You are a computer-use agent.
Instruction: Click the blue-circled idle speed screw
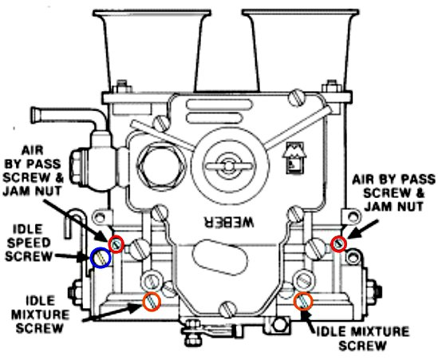click(x=101, y=258)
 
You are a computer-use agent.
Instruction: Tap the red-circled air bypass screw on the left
click(x=116, y=244)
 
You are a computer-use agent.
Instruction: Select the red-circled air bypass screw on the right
click(x=339, y=243)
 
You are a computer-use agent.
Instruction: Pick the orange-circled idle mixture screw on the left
click(x=152, y=301)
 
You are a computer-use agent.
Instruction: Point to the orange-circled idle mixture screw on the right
click(x=303, y=301)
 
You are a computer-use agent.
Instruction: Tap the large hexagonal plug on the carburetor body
click(x=161, y=166)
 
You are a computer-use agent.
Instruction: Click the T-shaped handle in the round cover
click(x=229, y=166)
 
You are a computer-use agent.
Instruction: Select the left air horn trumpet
click(x=152, y=50)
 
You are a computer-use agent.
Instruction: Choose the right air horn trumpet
click(x=300, y=50)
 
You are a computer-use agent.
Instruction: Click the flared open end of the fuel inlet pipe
click(x=34, y=115)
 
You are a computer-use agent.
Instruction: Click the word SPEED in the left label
click(x=29, y=243)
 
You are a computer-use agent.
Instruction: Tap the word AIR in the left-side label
click(x=33, y=150)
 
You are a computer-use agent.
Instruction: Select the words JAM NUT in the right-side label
click(x=393, y=207)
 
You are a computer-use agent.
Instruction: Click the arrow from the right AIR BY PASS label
click(x=362, y=229)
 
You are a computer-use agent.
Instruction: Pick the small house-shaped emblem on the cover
click(x=294, y=158)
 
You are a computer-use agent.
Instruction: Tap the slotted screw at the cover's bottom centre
click(x=227, y=309)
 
